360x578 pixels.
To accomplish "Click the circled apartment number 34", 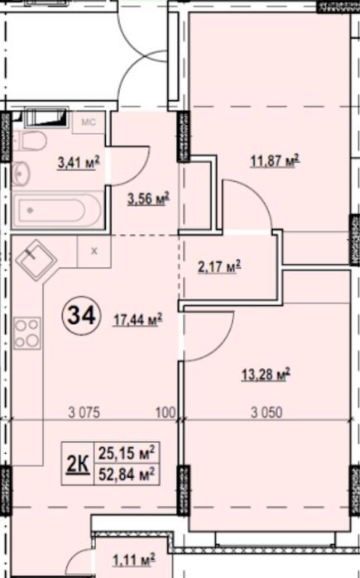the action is [79, 316].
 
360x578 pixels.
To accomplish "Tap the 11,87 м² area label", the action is [275, 161].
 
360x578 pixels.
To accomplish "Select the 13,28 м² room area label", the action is [266, 375].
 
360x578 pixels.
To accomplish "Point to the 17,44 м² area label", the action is [138, 320].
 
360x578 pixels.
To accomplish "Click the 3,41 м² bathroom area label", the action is [79, 163].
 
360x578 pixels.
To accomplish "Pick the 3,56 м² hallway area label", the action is [148, 199].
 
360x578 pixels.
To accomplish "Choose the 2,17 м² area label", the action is [219, 266].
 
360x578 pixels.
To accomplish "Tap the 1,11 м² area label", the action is [133, 561].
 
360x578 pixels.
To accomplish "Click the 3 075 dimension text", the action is [84, 412].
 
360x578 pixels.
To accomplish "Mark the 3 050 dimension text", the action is [266, 412].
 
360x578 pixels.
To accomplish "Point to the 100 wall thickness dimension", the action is [166, 412].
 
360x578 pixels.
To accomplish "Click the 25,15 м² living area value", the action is [126, 453].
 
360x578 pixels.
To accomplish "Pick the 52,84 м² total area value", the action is [126, 475].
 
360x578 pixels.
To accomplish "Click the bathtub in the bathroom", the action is [58, 211].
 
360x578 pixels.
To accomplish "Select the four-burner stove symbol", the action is [27, 333].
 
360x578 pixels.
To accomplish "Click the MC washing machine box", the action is [89, 122].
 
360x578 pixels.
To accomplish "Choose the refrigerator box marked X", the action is [94, 251].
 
